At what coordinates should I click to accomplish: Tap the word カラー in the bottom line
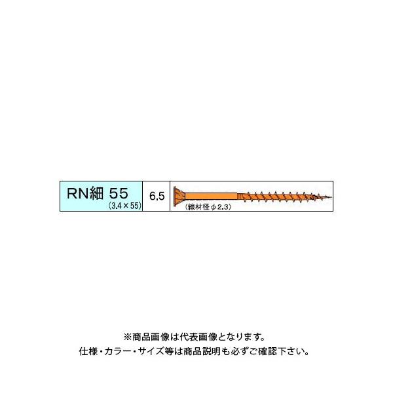(x=122, y=352)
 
